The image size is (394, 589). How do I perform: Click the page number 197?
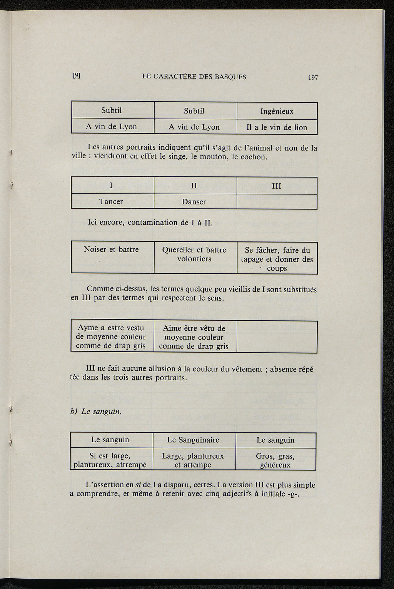pyautogui.click(x=313, y=77)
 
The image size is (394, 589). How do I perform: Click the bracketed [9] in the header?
pyautogui.click(x=76, y=76)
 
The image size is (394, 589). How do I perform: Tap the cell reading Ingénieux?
pyautogui.click(x=277, y=112)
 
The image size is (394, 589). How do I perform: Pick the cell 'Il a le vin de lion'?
pyautogui.click(x=277, y=127)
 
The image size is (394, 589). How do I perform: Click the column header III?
pyautogui.click(x=277, y=186)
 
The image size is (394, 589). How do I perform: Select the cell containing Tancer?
pyautogui.click(x=111, y=202)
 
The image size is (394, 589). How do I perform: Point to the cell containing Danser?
pyautogui.click(x=194, y=202)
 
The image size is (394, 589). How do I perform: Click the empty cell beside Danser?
pyautogui.click(x=277, y=202)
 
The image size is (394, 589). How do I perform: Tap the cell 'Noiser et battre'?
pyautogui.click(x=111, y=249)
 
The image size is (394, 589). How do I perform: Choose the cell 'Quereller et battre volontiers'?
pyautogui.click(x=194, y=254)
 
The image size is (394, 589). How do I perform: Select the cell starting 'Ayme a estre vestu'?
pyautogui.click(x=111, y=337)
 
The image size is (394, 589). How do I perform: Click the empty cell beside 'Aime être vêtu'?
pyautogui.click(x=277, y=337)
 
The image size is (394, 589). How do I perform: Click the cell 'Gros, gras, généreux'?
pyautogui.click(x=275, y=460)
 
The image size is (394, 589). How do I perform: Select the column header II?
pyautogui.click(x=194, y=186)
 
